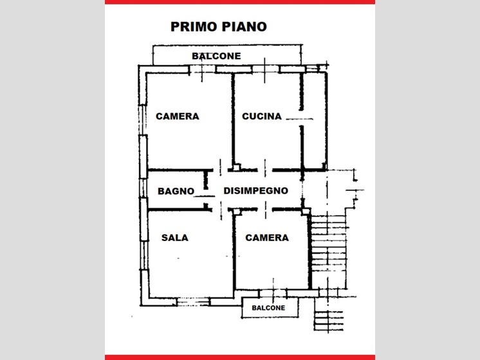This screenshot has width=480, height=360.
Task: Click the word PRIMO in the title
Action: [194, 26]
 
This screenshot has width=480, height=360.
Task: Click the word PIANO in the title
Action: [244, 26]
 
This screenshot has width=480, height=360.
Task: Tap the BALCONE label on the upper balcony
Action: [216, 56]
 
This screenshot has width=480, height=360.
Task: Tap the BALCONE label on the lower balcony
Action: [268, 308]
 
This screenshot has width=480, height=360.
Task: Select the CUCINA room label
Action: [262, 116]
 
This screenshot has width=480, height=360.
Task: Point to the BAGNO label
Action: [176, 191]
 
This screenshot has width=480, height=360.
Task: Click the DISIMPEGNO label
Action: [255, 191]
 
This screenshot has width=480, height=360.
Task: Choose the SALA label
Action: [175, 238]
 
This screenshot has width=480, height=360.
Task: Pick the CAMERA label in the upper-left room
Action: [178, 116]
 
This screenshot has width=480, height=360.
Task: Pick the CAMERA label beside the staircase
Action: [267, 238]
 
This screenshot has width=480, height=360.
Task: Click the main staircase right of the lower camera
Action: [328, 251]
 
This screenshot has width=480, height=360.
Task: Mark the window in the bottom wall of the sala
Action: [194, 302]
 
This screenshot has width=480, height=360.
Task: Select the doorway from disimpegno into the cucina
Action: [265, 169]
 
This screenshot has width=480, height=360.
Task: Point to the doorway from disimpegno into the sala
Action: [221, 210]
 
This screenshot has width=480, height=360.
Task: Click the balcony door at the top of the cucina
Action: [265, 69]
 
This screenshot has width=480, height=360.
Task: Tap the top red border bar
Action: [240, 2]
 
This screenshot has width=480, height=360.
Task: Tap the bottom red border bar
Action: [240, 357]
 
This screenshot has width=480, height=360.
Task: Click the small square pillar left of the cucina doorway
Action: [236, 167]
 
